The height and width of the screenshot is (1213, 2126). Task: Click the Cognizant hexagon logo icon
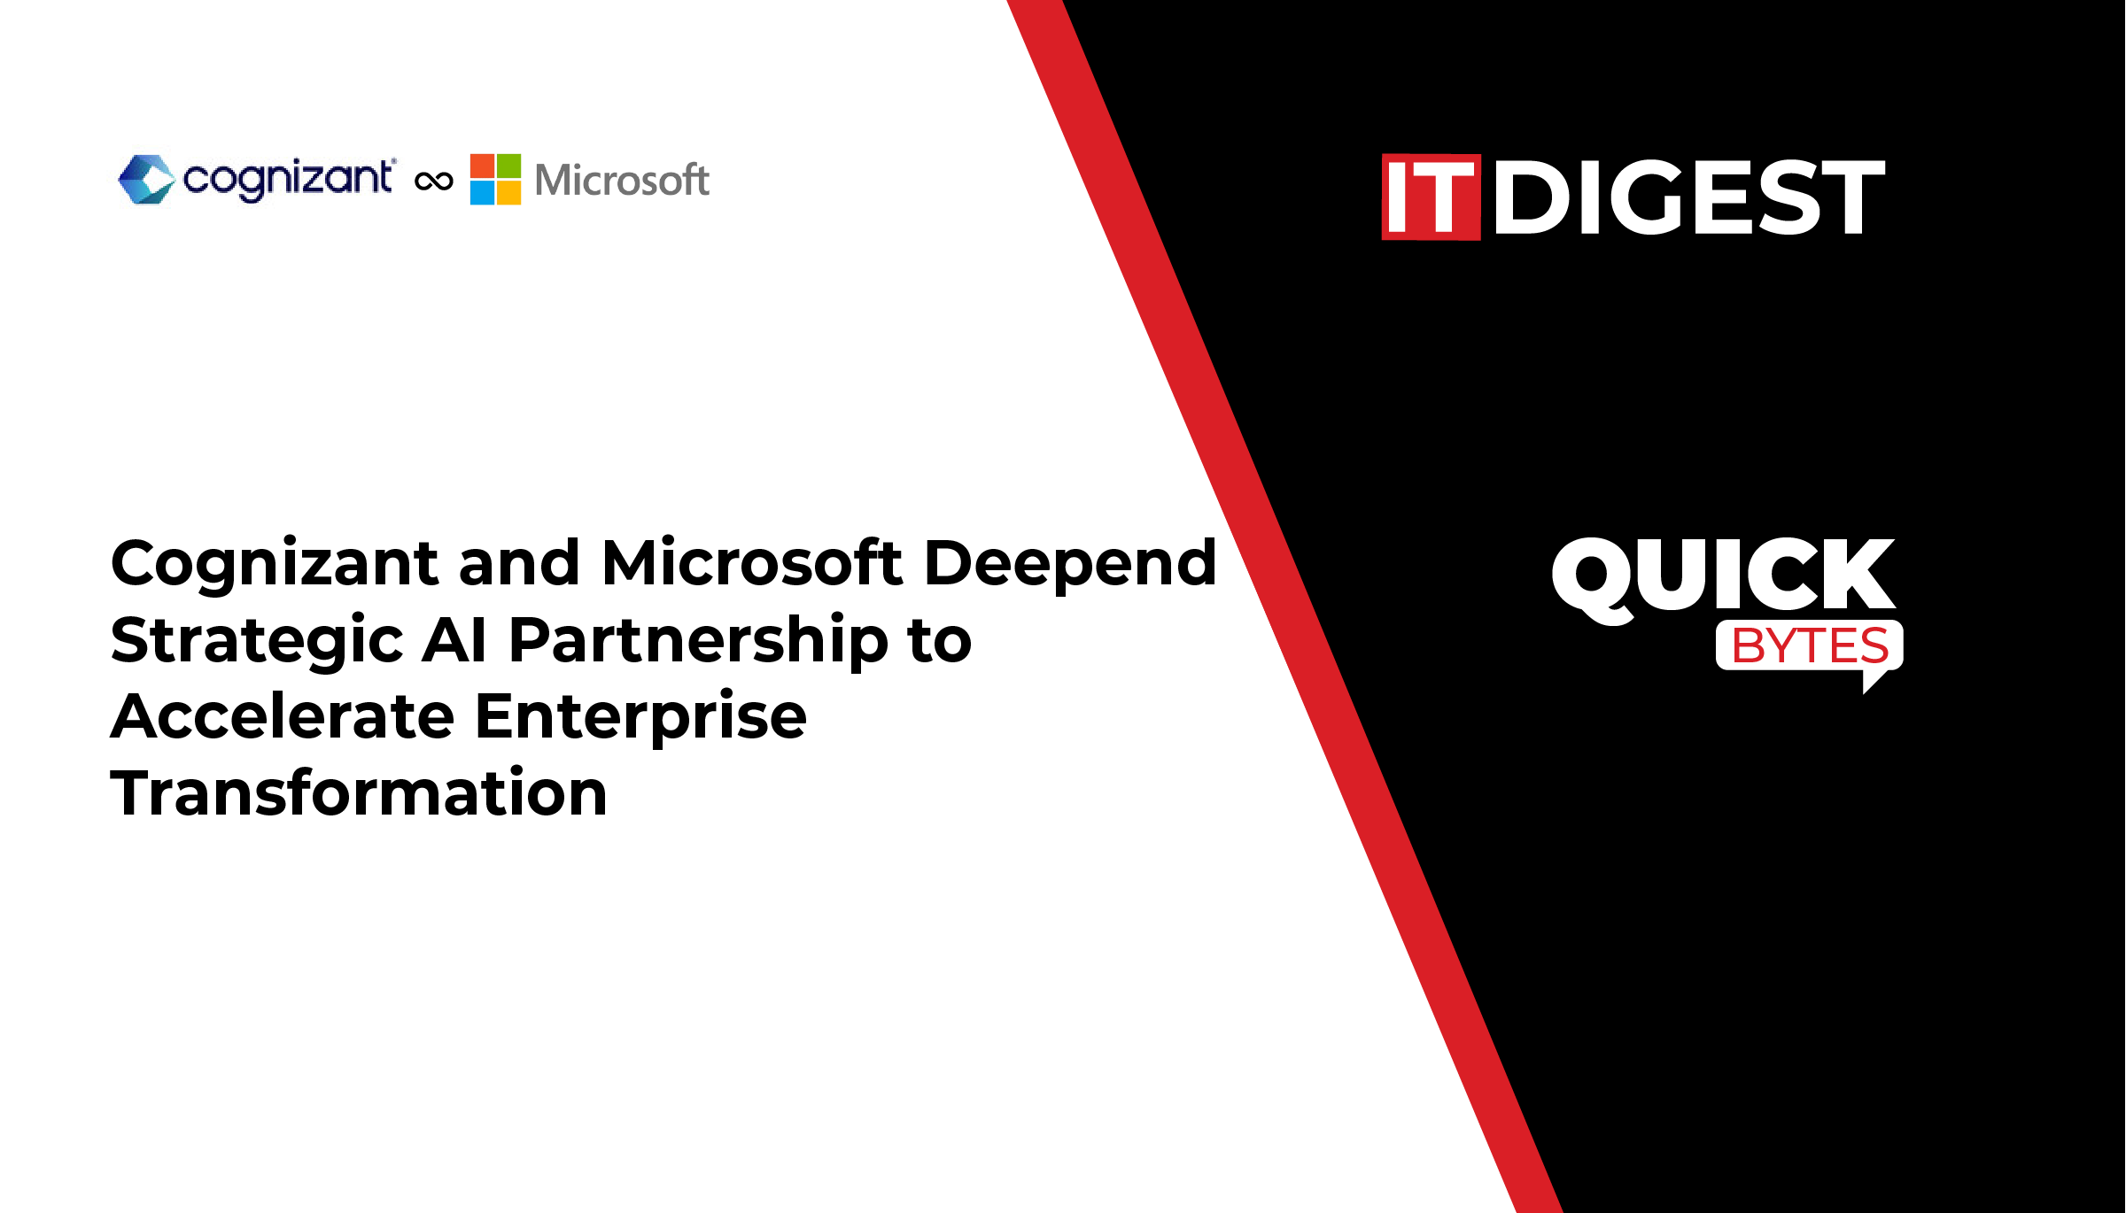[x=147, y=180]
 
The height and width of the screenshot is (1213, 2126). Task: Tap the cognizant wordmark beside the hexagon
[x=289, y=181]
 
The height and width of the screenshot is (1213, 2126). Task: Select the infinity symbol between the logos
[x=434, y=182]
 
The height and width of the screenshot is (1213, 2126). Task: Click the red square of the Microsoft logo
[x=482, y=166]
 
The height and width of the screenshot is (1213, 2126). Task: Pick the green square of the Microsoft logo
[x=508, y=166]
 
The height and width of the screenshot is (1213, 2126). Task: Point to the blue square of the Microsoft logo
[x=482, y=193]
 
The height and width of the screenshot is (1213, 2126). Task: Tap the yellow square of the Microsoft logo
[x=508, y=193]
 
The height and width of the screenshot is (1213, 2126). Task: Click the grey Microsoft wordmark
[x=622, y=180]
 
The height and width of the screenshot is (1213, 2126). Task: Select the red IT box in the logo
[x=1431, y=197]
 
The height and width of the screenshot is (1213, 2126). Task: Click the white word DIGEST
[x=1689, y=197]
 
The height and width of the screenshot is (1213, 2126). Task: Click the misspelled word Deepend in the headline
[x=1071, y=565]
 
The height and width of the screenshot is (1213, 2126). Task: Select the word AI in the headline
[x=454, y=639]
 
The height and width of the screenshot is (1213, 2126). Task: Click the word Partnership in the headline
[x=698, y=641]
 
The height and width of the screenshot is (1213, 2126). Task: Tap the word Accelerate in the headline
[x=283, y=715]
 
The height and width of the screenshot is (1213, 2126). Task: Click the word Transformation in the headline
[x=359, y=792]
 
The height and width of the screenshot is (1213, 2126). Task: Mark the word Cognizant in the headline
[x=275, y=565]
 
